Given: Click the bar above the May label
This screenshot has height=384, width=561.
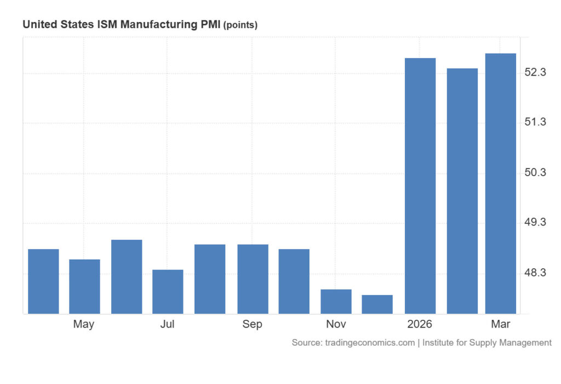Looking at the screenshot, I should [x=84, y=286].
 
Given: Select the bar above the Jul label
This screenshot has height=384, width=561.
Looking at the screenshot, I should [x=168, y=291].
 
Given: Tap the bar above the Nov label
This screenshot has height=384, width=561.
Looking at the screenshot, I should [x=336, y=301].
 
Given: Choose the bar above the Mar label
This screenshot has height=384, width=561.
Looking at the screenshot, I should [x=500, y=183].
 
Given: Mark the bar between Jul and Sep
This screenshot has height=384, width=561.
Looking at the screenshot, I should [x=210, y=279].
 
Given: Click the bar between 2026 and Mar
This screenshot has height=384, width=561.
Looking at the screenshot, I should [x=462, y=191].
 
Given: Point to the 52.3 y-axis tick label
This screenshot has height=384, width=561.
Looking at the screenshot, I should [x=535, y=72].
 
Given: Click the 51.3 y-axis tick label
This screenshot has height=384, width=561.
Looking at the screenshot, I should [x=535, y=122].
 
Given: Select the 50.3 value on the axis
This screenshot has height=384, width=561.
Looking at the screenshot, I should [x=535, y=173].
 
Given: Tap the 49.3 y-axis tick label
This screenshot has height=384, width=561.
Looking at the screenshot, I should [x=535, y=223].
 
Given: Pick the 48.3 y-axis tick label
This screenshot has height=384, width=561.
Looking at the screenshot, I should [x=535, y=273].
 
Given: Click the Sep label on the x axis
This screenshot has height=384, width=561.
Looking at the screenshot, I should [x=252, y=324].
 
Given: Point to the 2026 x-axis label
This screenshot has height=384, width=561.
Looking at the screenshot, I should [x=420, y=324].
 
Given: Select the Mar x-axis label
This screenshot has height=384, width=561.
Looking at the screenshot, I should [x=500, y=324].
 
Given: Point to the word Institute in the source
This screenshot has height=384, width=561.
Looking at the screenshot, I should [x=440, y=343].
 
